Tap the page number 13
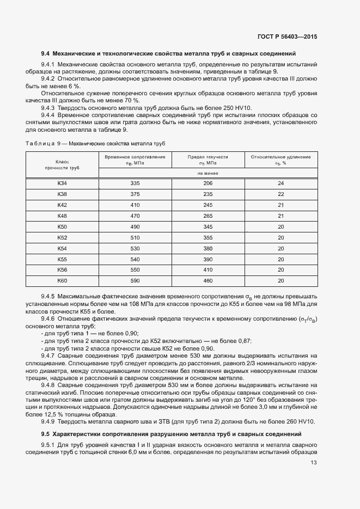tap(314, 463)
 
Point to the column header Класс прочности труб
tap(62, 165)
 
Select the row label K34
tap(62, 183)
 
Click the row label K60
tap(62, 281)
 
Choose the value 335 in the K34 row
tap(135, 183)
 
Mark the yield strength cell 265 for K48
tap(208, 216)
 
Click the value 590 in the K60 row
tap(135, 281)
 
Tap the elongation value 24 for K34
tap(280, 183)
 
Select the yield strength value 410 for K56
tap(208, 270)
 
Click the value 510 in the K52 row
tap(135, 237)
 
